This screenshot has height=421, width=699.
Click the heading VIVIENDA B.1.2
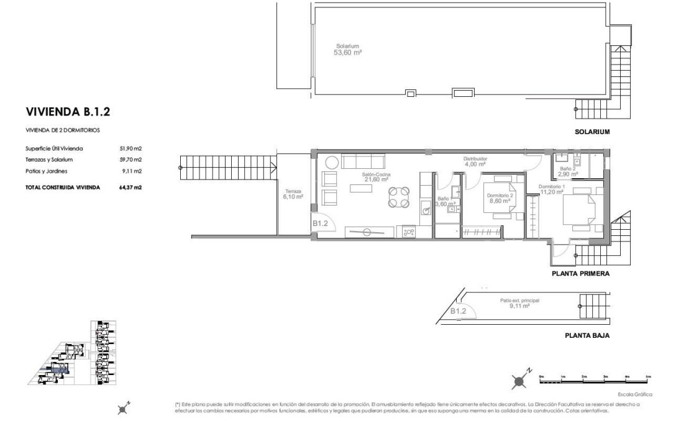(68, 112)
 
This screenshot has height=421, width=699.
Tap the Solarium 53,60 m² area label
(348, 49)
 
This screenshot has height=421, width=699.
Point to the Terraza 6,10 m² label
(293, 194)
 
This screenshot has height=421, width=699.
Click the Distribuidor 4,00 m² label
(475, 161)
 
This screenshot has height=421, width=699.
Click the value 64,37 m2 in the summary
(130, 187)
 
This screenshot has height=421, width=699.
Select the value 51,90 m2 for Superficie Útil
(130, 148)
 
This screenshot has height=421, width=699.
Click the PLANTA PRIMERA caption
(580, 273)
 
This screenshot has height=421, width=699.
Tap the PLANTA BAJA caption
(587, 335)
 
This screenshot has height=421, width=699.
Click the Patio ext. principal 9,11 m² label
(519, 303)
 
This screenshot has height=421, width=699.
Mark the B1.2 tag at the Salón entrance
(320, 224)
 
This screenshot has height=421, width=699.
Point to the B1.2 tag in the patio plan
(458, 311)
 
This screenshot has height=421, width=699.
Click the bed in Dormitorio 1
(580, 210)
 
